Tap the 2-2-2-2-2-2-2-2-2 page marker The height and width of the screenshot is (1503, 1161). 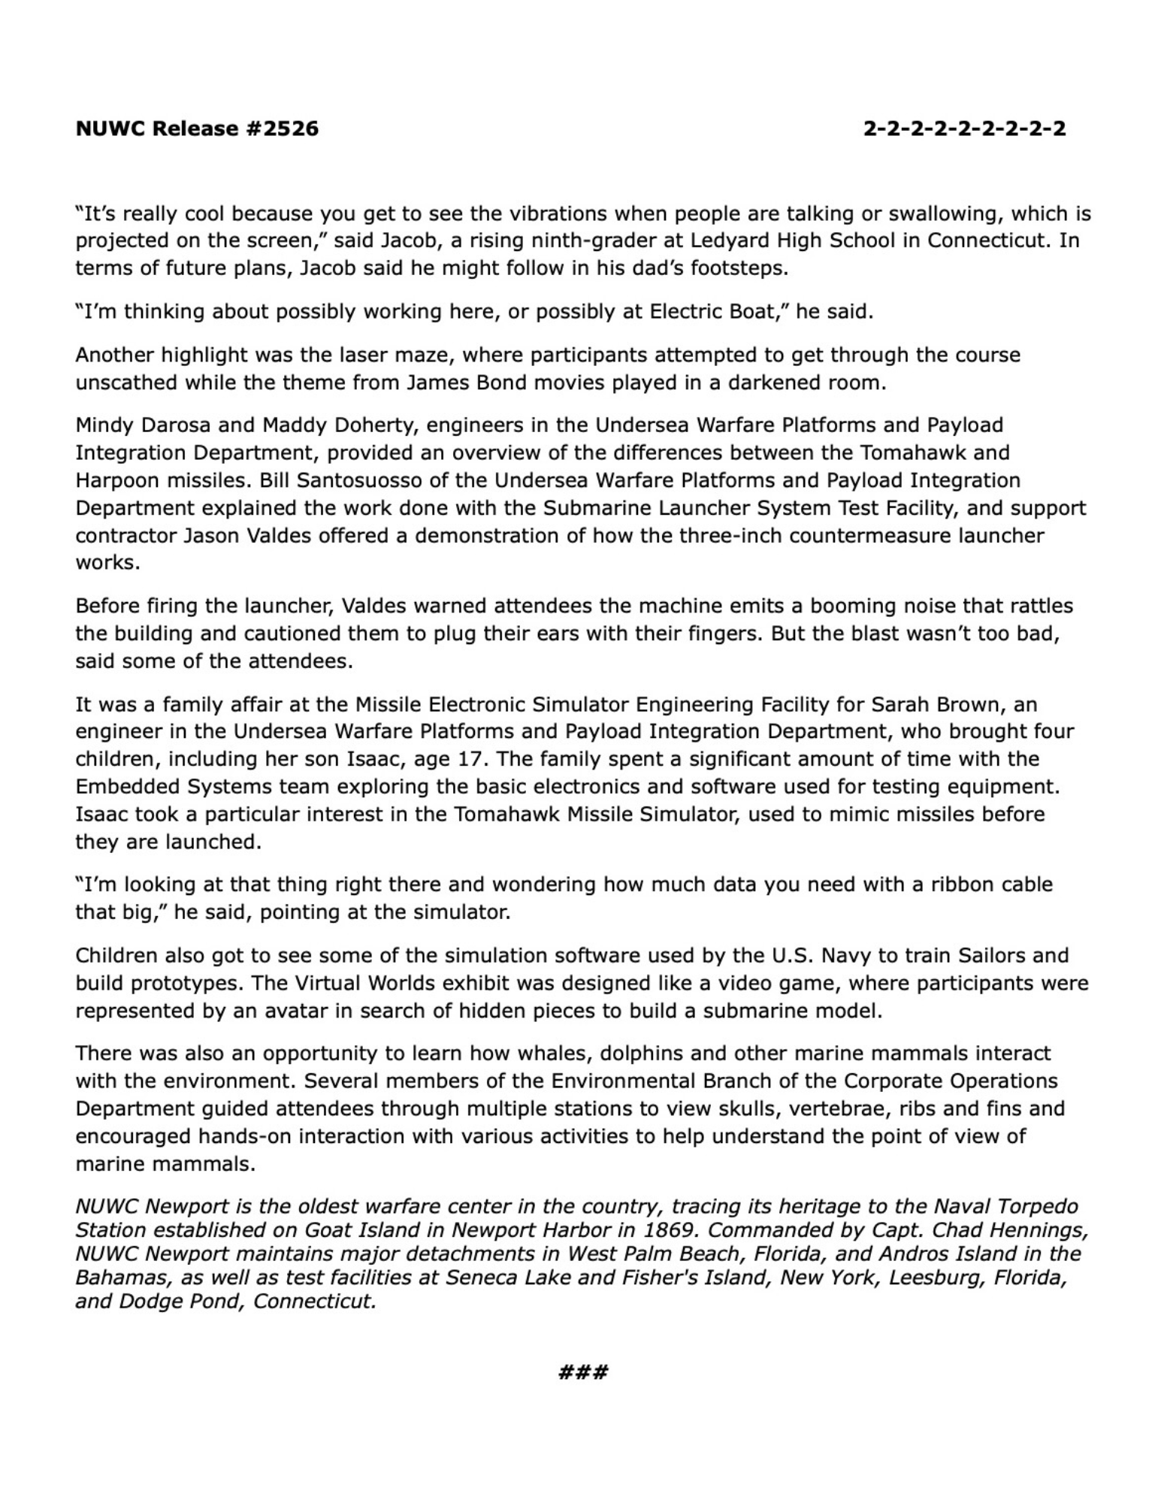tap(964, 129)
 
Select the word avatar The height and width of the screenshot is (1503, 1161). tap(295, 1011)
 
